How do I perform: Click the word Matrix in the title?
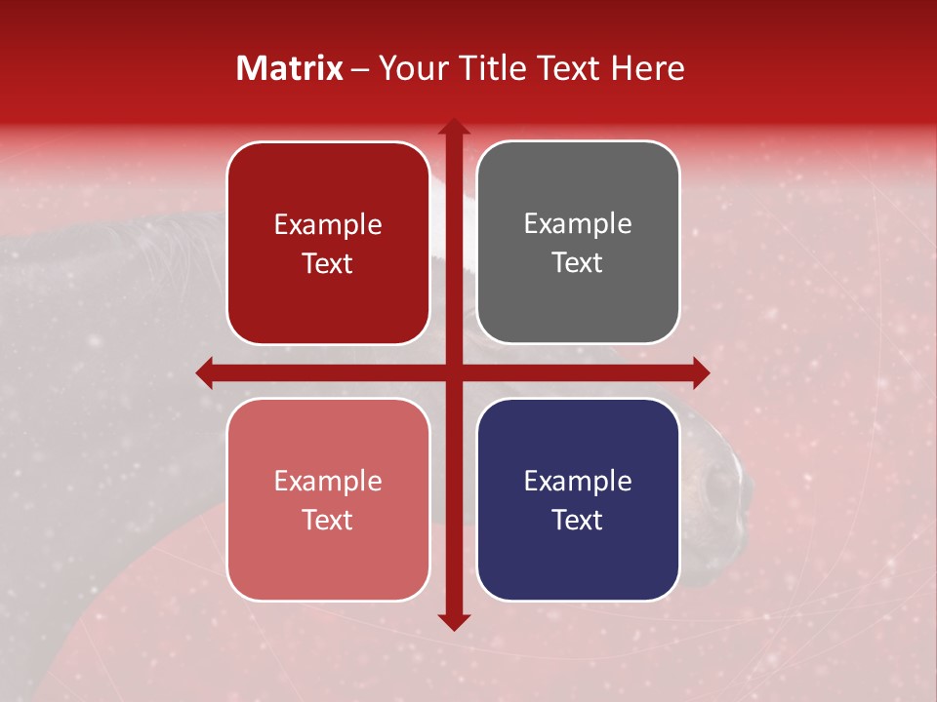pyautogui.click(x=290, y=68)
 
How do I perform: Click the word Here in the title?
pyautogui.click(x=647, y=68)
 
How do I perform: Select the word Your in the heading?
pyautogui.click(x=409, y=68)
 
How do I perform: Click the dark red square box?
pyautogui.click(x=328, y=243)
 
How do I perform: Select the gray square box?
pyautogui.click(x=578, y=243)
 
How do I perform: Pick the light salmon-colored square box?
pyautogui.click(x=328, y=499)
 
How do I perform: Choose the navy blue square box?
pyautogui.click(x=578, y=499)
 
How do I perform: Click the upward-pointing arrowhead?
pyautogui.click(x=453, y=126)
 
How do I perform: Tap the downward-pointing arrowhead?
pyautogui.click(x=453, y=621)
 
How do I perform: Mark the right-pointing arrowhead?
pyautogui.click(x=700, y=372)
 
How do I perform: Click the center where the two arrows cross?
pyautogui.click(x=453, y=372)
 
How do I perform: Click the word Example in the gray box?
pyautogui.click(x=578, y=224)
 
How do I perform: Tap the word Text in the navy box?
pyautogui.click(x=578, y=520)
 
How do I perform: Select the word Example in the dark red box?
pyautogui.click(x=328, y=225)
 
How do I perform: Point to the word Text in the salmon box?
pyautogui.click(x=328, y=520)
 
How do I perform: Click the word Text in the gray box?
pyautogui.click(x=578, y=263)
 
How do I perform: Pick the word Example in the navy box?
pyautogui.click(x=578, y=481)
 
